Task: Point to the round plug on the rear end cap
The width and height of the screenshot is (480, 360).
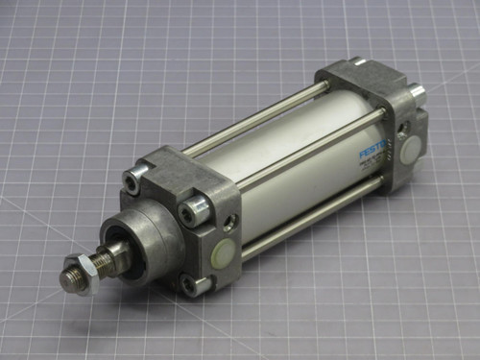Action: tap(410, 148)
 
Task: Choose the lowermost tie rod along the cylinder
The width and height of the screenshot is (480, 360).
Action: tap(307, 217)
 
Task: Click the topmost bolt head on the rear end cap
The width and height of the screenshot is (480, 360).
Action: tap(356, 63)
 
